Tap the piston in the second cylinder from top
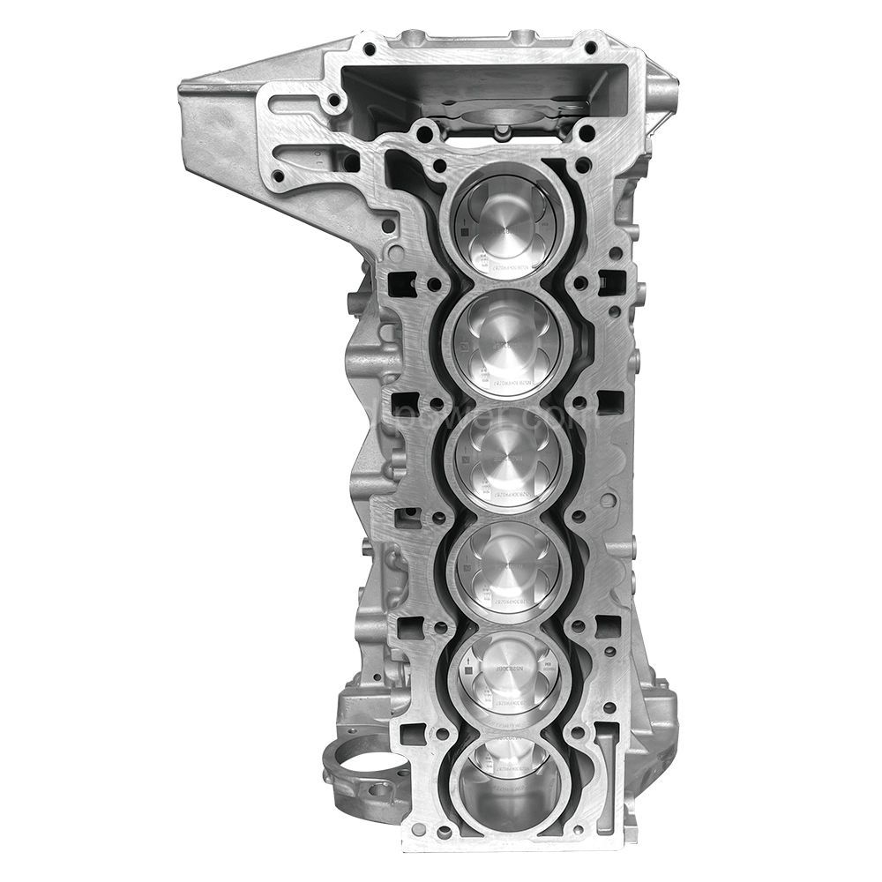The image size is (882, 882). click(509, 344)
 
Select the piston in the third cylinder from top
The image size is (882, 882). click(509, 462)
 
